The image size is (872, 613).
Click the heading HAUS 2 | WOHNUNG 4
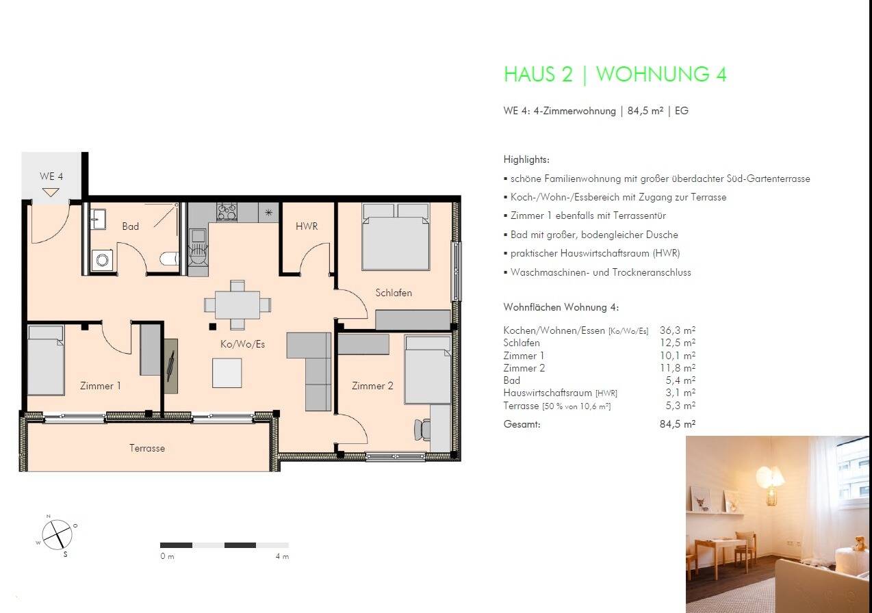point(615,74)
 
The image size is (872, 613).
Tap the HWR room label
point(307,226)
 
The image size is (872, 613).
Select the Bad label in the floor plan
point(130,226)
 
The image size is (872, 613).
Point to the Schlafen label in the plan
point(394,293)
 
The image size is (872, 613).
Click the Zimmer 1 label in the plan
point(100,386)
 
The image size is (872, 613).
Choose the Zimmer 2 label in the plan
point(372,386)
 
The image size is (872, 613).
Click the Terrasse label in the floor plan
point(147,448)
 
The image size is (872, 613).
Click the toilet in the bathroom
point(168,259)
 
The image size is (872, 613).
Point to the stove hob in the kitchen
point(227,212)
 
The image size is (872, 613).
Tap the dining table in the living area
point(237,305)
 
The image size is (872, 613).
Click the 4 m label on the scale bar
point(282,556)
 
